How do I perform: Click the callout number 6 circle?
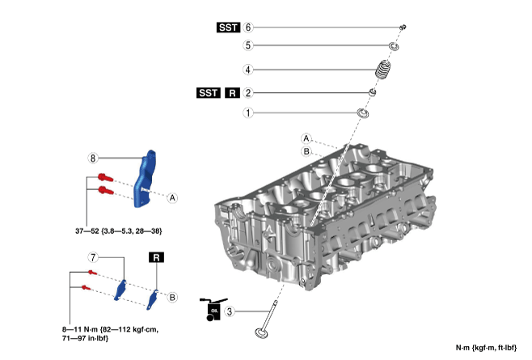coord(249,27)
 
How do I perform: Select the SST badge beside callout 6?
coord(229,27)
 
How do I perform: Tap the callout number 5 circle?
coord(249,45)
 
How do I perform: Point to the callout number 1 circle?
coord(249,113)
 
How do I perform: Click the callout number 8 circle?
coord(93,157)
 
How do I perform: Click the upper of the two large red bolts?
coord(103,176)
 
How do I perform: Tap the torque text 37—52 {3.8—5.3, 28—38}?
coord(119,231)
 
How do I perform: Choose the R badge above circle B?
coord(155,257)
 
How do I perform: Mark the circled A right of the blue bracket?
coord(172,197)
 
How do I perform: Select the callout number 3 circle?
coord(230,311)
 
